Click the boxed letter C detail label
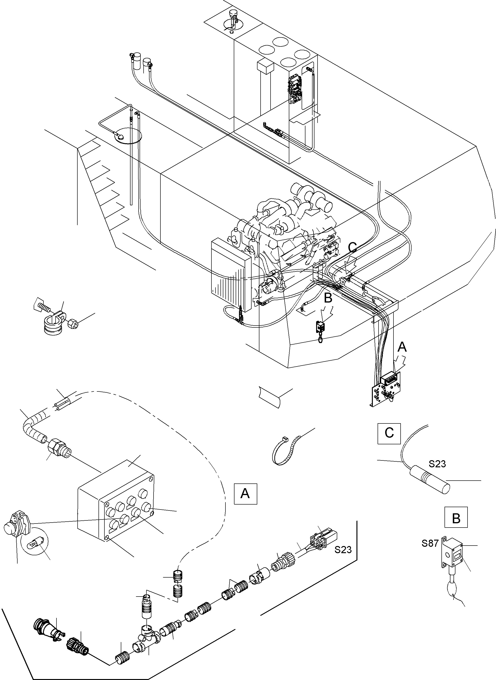click(x=389, y=433)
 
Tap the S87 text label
click(x=430, y=543)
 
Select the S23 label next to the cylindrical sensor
click(x=437, y=464)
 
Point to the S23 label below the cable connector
click(x=343, y=550)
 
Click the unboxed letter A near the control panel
click(x=402, y=347)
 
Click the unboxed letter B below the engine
click(x=328, y=298)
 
